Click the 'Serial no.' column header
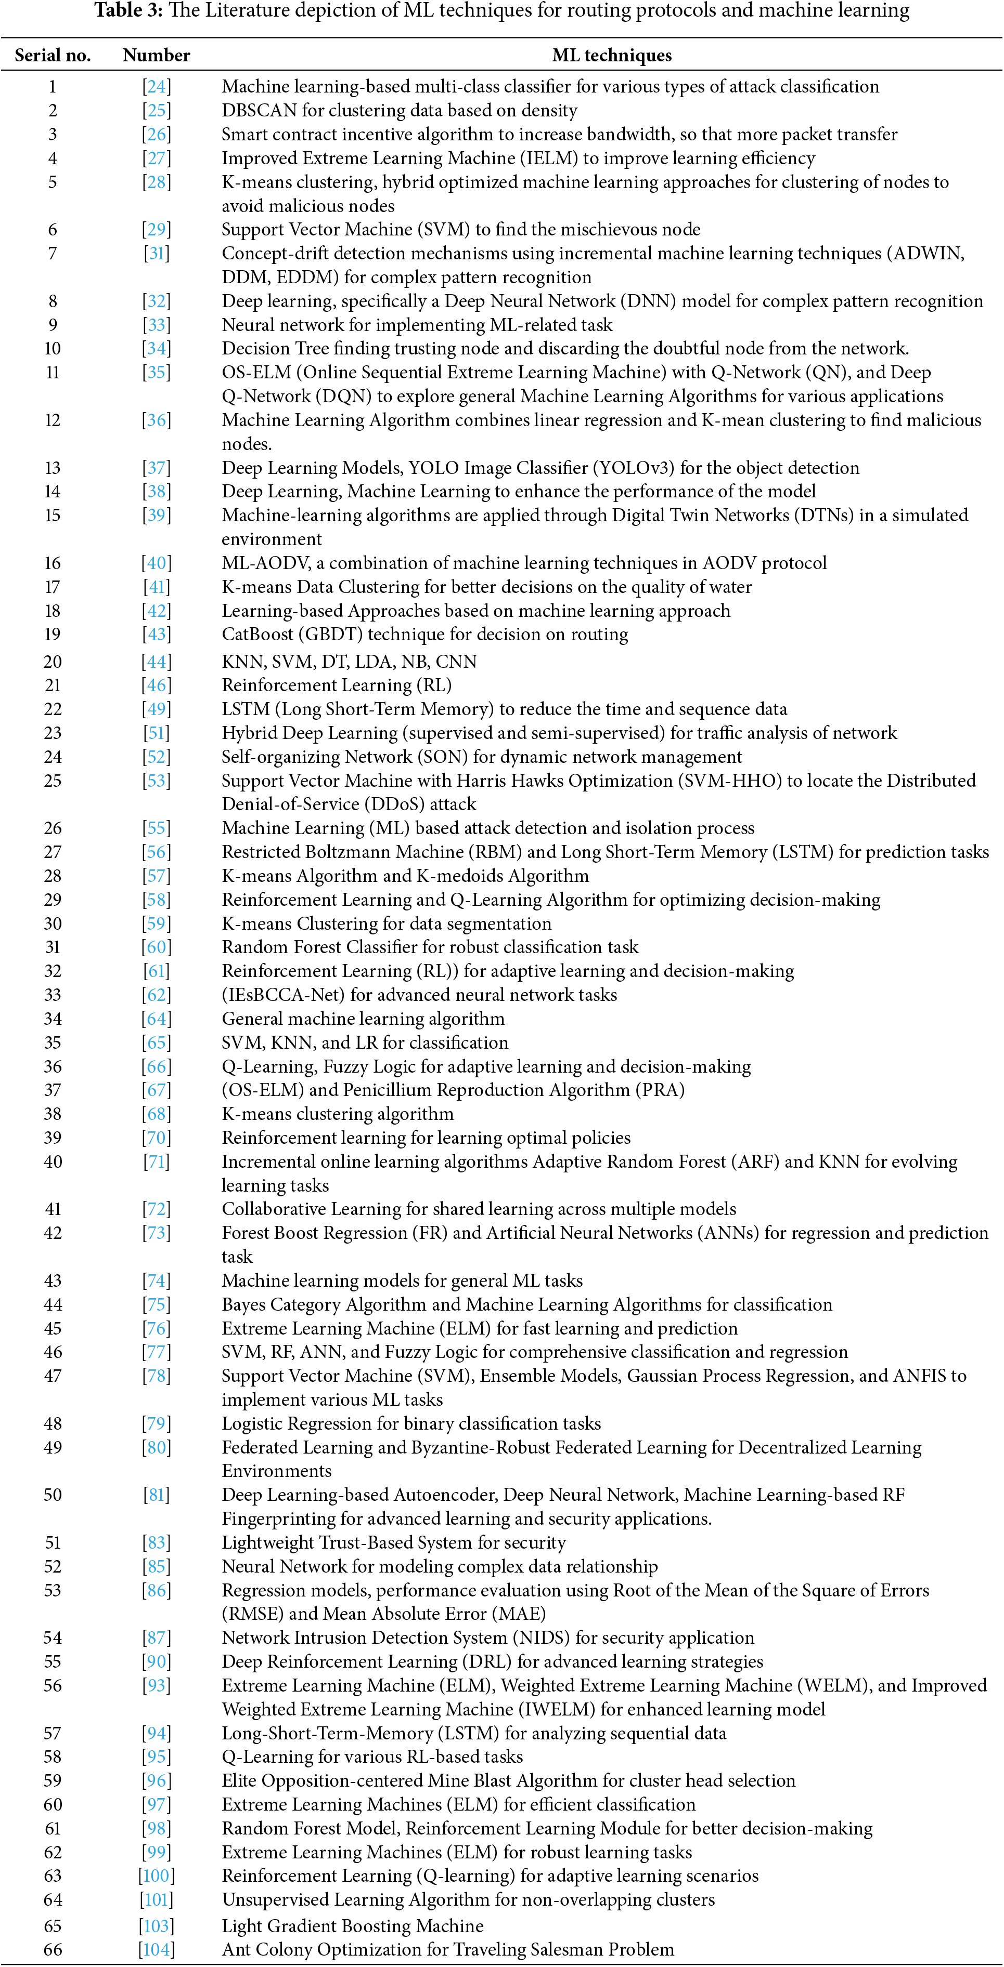[x=52, y=55]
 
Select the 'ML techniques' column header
[x=611, y=55]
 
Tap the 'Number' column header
[x=156, y=55]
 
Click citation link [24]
[x=157, y=86]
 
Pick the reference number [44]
[x=157, y=661]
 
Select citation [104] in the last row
[x=157, y=1949]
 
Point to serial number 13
[x=52, y=467]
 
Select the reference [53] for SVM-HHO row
[x=157, y=781]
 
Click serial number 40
[x=52, y=1161]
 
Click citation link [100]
[x=157, y=1876]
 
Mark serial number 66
[x=52, y=1949]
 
